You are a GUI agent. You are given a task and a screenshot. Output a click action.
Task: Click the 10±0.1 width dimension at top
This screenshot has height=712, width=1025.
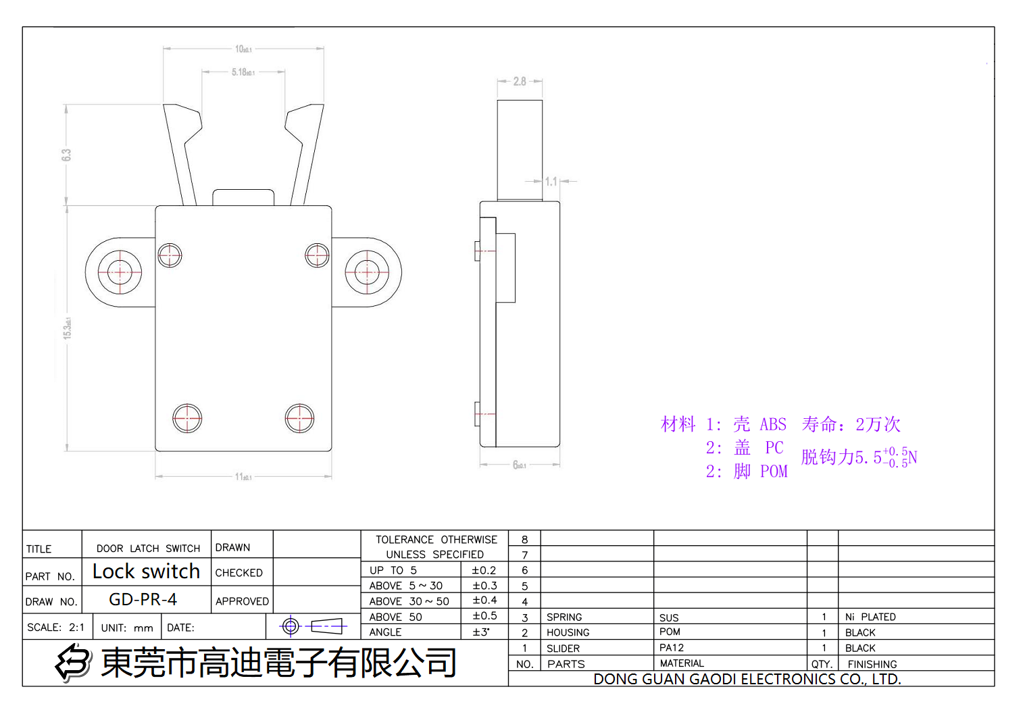tap(243, 49)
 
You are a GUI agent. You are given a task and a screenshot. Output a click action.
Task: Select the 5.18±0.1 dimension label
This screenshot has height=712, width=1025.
tap(243, 72)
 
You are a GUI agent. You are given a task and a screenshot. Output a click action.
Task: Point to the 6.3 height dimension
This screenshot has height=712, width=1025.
tap(66, 155)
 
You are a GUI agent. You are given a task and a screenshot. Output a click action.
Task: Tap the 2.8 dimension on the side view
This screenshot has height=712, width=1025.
tap(520, 81)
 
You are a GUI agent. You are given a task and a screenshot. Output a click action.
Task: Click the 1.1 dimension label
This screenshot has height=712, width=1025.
tap(551, 182)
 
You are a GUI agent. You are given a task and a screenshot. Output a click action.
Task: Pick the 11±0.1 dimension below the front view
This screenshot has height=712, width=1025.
tap(243, 477)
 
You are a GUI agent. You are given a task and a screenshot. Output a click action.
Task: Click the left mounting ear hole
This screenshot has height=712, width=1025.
tap(120, 272)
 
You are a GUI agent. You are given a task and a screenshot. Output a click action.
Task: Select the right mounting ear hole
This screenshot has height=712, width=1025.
tap(367, 272)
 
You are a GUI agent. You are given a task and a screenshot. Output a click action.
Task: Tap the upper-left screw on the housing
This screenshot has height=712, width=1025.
tap(170, 255)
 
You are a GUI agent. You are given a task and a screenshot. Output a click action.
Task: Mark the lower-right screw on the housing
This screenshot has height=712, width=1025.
tap(299, 418)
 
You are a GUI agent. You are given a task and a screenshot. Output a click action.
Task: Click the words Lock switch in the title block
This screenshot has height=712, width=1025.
tap(146, 571)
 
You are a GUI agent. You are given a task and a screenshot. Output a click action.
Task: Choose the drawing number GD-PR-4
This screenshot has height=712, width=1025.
tap(143, 599)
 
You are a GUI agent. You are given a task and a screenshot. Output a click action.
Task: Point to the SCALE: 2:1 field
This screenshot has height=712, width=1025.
tap(56, 628)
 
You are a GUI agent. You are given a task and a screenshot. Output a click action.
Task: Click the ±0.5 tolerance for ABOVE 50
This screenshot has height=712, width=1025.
tap(484, 616)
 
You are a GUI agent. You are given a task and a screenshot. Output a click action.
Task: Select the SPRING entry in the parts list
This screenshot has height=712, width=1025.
tap(564, 617)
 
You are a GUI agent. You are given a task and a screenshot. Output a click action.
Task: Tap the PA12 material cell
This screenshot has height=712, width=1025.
tap(672, 648)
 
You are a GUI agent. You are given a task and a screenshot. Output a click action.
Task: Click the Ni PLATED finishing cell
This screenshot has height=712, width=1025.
tap(870, 617)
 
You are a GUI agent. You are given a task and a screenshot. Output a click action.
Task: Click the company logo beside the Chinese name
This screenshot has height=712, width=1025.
tap(73, 662)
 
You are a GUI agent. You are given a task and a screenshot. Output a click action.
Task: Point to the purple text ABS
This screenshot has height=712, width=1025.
tap(773, 424)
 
